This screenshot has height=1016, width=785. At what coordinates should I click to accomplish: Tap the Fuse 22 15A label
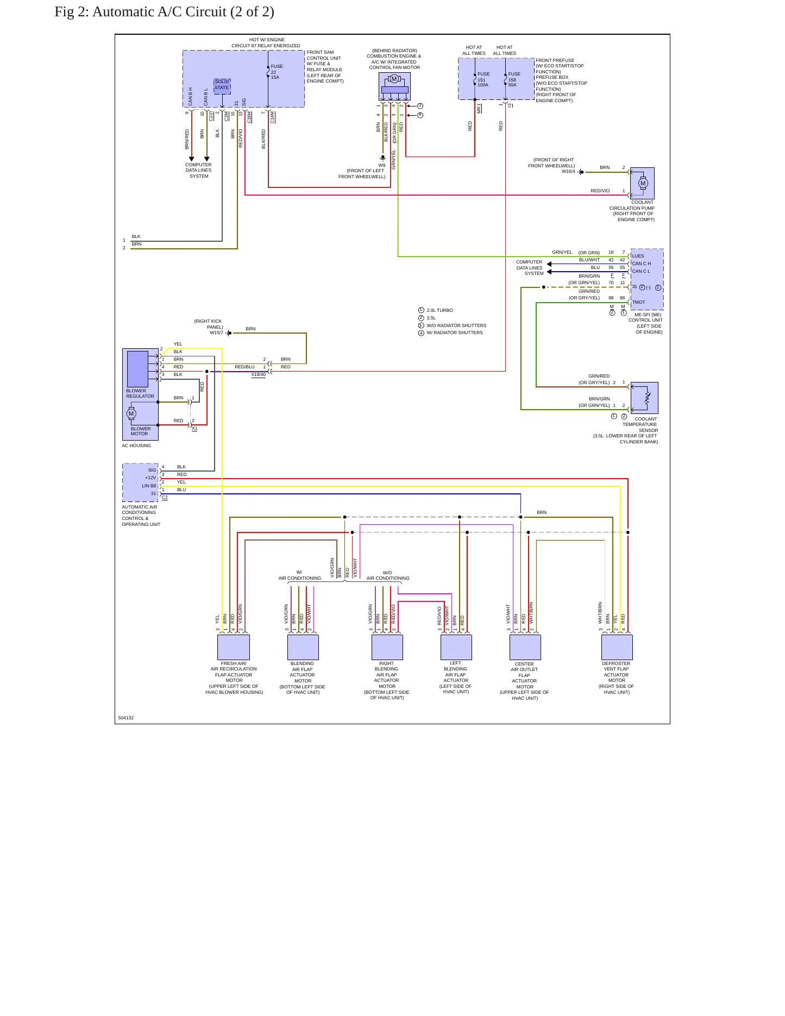point(277,72)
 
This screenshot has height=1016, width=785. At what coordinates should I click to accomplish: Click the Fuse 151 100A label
point(483,79)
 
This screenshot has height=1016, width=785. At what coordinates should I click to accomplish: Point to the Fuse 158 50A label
point(514,79)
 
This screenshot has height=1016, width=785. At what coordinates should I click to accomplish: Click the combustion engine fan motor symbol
point(394,86)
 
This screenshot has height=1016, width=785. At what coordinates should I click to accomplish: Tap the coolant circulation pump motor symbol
point(643,183)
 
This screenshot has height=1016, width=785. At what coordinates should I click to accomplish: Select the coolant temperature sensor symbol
point(645,398)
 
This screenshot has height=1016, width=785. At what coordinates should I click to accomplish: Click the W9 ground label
point(382,165)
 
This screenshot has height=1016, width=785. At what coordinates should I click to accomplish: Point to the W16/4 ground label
point(568,172)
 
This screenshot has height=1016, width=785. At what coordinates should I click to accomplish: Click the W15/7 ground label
point(216,333)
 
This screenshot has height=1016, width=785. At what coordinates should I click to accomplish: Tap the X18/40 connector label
point(259,374)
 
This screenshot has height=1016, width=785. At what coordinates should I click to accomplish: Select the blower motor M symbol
point(131,414)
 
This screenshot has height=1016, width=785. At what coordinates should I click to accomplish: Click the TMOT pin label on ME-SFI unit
point(639,302)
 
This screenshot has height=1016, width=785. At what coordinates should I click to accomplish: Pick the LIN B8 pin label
point(149,486)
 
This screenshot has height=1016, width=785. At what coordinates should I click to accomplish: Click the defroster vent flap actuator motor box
point(617,647)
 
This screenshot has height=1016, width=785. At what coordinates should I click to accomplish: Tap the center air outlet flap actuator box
point(525,647)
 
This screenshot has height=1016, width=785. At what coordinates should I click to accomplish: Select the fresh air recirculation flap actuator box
point(234,647)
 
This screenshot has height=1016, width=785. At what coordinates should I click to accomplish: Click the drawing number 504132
point(126,718)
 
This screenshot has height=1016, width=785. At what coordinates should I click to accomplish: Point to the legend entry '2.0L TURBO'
point(439,310)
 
